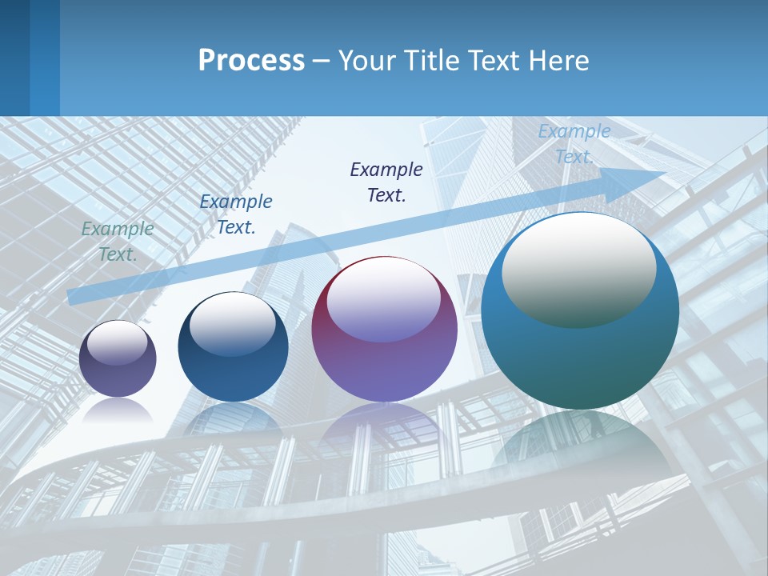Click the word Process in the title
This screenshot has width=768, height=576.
click(251, 61)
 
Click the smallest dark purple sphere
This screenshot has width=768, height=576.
click(118, 359)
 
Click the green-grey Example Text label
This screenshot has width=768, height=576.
click(118, 242)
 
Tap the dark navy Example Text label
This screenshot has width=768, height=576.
click(386, 182)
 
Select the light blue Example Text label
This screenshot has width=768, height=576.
click(574, 144)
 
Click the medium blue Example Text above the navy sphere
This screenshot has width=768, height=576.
click(236, 214)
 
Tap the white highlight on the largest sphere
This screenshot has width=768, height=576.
click(578, 268)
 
